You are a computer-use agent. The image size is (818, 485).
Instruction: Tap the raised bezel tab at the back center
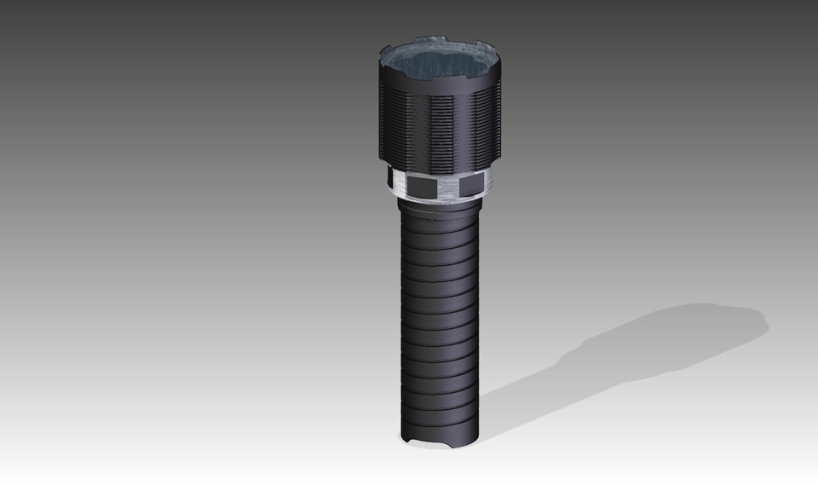430,40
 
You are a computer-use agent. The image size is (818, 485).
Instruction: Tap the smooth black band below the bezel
439,89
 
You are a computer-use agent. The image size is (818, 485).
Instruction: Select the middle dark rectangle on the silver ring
421,185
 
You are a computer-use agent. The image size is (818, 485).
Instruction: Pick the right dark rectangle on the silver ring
470,184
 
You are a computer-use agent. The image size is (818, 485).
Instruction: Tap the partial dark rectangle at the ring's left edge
391,179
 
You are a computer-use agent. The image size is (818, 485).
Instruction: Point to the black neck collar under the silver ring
439,205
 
